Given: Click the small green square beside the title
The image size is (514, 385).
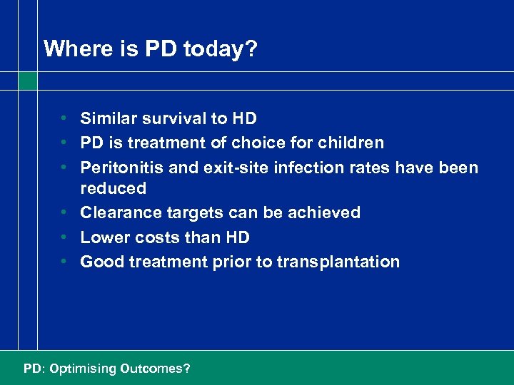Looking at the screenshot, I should click(28, 81).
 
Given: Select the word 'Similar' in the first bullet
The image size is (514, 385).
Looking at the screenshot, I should click(106, 118).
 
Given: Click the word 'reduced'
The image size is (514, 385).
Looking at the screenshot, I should click(113, 188).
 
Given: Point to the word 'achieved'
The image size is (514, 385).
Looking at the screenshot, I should click(326, 212).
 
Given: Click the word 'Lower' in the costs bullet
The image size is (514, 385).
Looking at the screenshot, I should click(103, 237).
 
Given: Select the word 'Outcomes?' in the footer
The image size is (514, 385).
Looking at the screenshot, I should click(155, 369).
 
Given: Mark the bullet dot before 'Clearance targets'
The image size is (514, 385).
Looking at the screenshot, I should click(64, 212).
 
